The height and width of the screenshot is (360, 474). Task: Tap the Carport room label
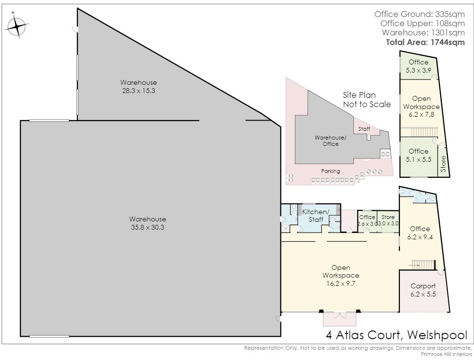point(423,286)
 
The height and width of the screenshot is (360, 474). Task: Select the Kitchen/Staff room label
point(315,216)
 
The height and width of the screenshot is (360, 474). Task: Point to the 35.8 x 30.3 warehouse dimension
point(148,227)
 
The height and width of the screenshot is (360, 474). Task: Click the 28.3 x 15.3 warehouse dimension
point(138,91)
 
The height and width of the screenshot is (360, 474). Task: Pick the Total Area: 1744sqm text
point(425,42)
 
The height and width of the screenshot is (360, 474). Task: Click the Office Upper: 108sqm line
point(423,23)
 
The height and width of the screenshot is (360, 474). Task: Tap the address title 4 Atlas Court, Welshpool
point(397,335)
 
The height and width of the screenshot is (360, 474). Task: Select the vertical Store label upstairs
point(443,164)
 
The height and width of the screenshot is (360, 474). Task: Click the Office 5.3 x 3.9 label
point(418,66)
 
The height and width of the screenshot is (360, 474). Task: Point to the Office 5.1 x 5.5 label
point(418,155)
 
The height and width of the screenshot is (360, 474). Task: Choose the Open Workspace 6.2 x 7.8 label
point(421,107)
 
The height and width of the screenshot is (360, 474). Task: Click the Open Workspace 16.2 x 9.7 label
point(341,275)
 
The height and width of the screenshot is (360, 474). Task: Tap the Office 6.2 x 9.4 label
point(420,233)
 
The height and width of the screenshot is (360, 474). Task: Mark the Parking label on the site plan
point(330,171)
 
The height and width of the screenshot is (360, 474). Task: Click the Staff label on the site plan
point(364,129)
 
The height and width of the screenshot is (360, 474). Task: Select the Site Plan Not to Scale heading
point(367,99)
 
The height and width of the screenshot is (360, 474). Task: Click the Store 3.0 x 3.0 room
point(388,221)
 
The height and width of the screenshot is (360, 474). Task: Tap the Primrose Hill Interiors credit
point(446,354)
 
